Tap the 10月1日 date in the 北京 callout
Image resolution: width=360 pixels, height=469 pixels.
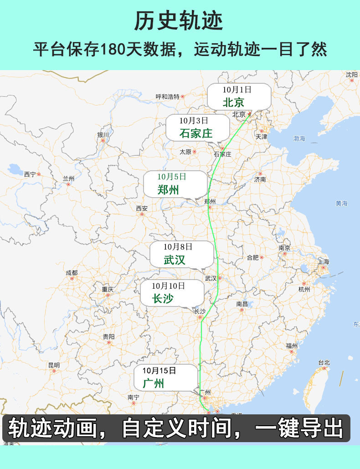237,89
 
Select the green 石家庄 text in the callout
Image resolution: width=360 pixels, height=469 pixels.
196,133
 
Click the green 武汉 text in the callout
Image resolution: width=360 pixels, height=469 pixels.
175,260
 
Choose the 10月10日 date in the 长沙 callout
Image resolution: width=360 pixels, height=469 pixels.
169,286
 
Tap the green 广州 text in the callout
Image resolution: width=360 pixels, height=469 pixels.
153,383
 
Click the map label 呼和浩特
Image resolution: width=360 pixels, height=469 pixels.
167,97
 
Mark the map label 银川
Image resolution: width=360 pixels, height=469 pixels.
103,135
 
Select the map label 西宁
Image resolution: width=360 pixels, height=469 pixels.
30,174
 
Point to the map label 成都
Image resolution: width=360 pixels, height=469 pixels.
72,273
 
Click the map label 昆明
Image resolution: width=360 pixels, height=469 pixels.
54,365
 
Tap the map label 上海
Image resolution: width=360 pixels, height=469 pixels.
323,261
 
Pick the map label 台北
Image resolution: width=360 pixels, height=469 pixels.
324,362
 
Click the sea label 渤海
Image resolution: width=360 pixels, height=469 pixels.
299,138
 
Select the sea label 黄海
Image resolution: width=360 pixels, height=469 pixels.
341,204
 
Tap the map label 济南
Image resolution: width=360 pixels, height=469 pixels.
260,179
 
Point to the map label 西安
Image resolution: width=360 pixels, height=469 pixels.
142,208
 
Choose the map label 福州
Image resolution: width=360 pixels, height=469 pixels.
292,346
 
